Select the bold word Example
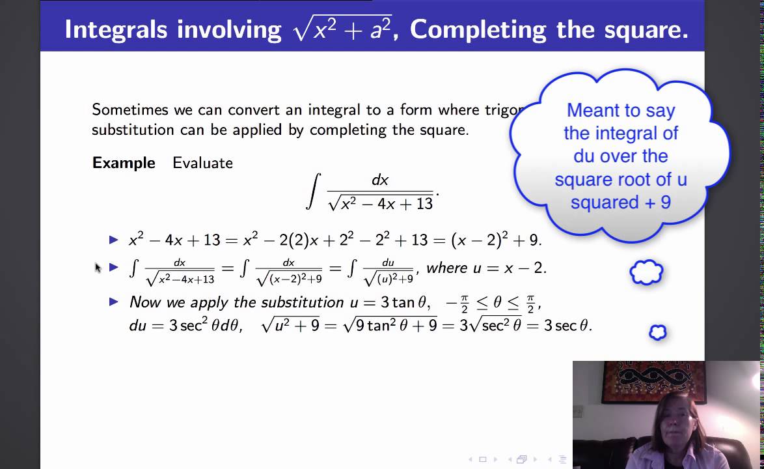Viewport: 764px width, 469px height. click(x=124, y=163)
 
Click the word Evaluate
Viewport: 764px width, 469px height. click(x=202, y=163)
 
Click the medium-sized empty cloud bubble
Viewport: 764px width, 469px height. click(x=646, y=273)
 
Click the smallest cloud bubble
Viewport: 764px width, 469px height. click(x=658, y=333)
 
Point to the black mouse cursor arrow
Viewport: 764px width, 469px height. click(x=98, y=267)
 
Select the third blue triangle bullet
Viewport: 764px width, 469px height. click(x=115, y=302)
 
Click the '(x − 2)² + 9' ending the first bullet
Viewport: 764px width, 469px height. click(x=495, y=240)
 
